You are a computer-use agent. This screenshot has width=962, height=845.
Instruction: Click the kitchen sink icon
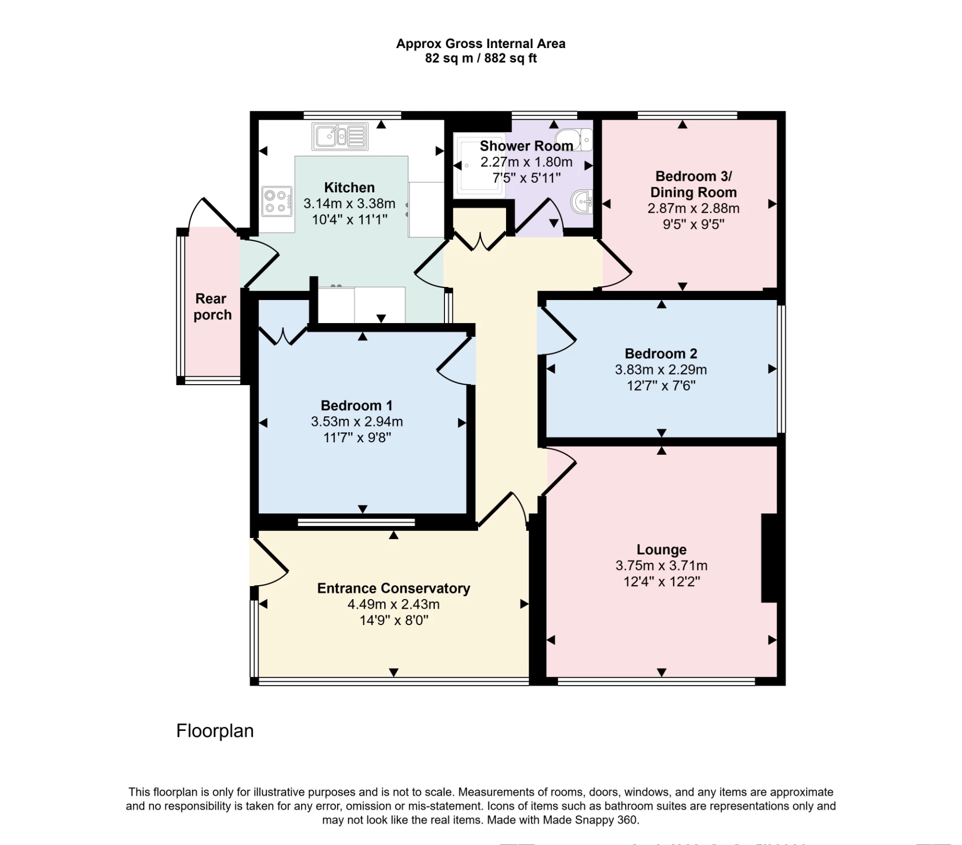pyautogui.click(x=340, y=136)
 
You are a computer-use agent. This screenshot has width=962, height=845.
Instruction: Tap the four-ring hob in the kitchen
pyautogui.click(x=277, y=201)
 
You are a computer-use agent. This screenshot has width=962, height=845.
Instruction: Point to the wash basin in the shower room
pyautogui.click(x=582, y=202)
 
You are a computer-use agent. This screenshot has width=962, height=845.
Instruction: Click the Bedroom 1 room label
pyautogui.click(x=356, y=405)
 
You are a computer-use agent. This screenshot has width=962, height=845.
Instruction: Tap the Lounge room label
pyautogui.click(x=661, y=549)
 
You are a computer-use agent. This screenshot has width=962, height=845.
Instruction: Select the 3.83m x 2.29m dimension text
pyautogui.click(x=661, y=370)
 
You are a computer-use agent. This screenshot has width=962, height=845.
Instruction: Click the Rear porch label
pyautogui.click(x=212, y=307)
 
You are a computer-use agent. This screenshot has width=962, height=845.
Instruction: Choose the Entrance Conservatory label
pyautogui.click(x=393, y=588)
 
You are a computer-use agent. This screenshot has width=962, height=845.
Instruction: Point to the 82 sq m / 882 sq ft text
pyautogui.click(x=480, y=59)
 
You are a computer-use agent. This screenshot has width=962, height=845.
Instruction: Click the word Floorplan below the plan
pyautogui.click(x=215, y=731)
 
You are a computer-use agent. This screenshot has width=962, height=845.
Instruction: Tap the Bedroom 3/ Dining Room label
pyautogui.click(x=693, y=184)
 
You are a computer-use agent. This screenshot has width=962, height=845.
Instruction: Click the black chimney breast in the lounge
pyautogui.click(x=770, y=557)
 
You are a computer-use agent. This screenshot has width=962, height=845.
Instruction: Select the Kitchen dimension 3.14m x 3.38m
pyautogui.click(x=349, y=204)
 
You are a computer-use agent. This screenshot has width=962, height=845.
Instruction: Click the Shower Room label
pyautogui.click(x=526, y=146)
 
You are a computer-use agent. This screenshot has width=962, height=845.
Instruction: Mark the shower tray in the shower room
pyautogui.click(x=479, y=165)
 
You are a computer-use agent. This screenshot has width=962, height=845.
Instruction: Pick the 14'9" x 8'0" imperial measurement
pyautogui.click(x=394, y=620)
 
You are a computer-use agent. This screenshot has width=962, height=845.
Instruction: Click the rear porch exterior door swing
pyautogui.click(x=213, y=214)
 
